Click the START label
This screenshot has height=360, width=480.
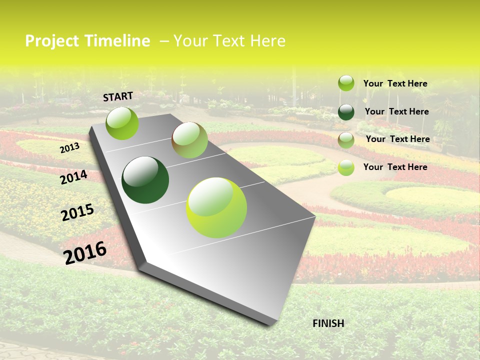pyautogui.click(x=118, y=96)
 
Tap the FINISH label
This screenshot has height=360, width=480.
pyautogui.click(x=328, y=323)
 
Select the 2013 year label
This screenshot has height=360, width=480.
pyautogui.click(x=69, y=148)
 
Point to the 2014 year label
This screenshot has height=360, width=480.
pyautogui.click(x=73, y=177)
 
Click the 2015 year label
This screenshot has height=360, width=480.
pyautogui.click(x=77, y=212)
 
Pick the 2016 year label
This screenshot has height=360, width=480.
pyautogui.click(x=85, y=252)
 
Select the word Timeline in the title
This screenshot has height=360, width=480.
pyautogui.click(x=117, y=41)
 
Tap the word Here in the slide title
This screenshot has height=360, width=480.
pyautogui.click(x=267, y=41)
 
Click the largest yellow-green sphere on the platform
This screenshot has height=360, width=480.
pyautogui.click(x=216, y=207)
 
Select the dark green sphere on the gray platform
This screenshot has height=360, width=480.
pyautogui.click(x=145, y=180)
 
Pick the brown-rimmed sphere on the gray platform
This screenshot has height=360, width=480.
pyautogui.click(x=190, y=140)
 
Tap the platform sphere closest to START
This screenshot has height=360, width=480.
pyautogui.click(x=122, y=123)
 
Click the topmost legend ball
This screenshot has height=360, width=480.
pyautogui.click(x=346, y=83)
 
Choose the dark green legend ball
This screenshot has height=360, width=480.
pyautogui.click(x=346, y=112)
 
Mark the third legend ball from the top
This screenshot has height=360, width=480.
pyautogui.click(x=346, y=140)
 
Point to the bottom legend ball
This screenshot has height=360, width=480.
pyautogui.click(x=346, y=167)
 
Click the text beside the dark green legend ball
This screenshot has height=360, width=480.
pyautogui.click(x=396, y=111)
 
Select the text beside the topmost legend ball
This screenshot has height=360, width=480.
pyautogui.click(x=395, y=83)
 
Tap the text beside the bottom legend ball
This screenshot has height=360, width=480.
pyautogui.click(x=395, y=167)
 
